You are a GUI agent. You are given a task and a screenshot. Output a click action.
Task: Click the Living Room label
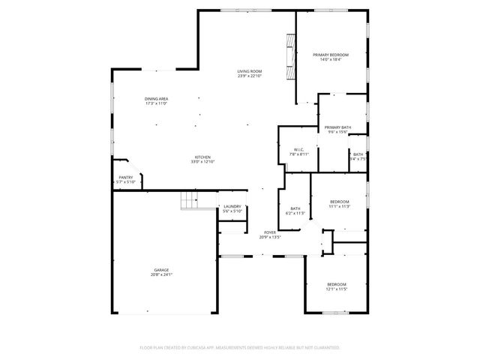(250, 71)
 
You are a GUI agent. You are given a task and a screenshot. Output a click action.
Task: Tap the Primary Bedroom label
(331, 55)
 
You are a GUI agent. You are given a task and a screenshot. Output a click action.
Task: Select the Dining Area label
(156, 99)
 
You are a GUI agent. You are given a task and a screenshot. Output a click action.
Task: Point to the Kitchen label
(202, 157)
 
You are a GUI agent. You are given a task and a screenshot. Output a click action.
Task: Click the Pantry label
(125, 177)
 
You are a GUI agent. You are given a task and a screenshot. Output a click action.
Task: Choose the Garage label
(162, 270)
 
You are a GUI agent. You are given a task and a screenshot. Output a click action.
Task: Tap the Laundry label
(232, 206)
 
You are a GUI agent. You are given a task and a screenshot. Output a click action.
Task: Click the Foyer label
(269, 232)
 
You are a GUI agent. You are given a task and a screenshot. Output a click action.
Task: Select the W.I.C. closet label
(298, 149)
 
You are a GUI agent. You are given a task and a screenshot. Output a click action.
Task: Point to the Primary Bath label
(337, 127)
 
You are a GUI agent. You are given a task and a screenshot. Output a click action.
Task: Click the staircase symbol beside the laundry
(190, 201)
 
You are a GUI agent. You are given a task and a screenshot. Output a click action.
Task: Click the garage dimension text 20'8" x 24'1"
(162, 274)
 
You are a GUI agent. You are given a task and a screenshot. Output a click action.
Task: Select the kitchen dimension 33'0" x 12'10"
(202, 161)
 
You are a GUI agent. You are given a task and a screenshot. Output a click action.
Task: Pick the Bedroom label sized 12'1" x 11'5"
(337, 284)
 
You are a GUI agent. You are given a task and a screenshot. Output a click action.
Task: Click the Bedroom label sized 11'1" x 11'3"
(340, 201)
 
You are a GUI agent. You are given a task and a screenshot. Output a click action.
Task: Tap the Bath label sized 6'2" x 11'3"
(295, 208)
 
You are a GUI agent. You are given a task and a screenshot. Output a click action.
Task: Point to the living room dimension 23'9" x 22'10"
(250, 76)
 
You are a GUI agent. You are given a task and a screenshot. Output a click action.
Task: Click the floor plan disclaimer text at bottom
(240, 347)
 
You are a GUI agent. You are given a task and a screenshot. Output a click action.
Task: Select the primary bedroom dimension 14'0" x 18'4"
(331, 59)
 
